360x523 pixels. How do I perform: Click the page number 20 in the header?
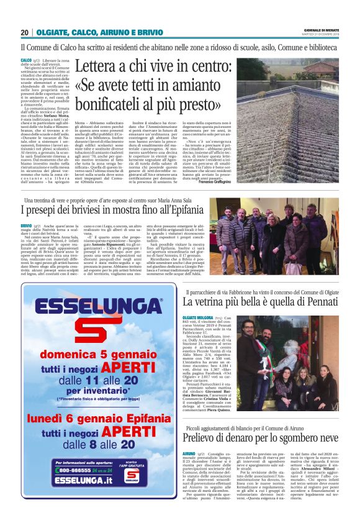click(x=25, y=32)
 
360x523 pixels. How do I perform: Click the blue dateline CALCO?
click(x=27, y=59)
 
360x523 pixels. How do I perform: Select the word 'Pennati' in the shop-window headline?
click(x=325, y=301)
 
